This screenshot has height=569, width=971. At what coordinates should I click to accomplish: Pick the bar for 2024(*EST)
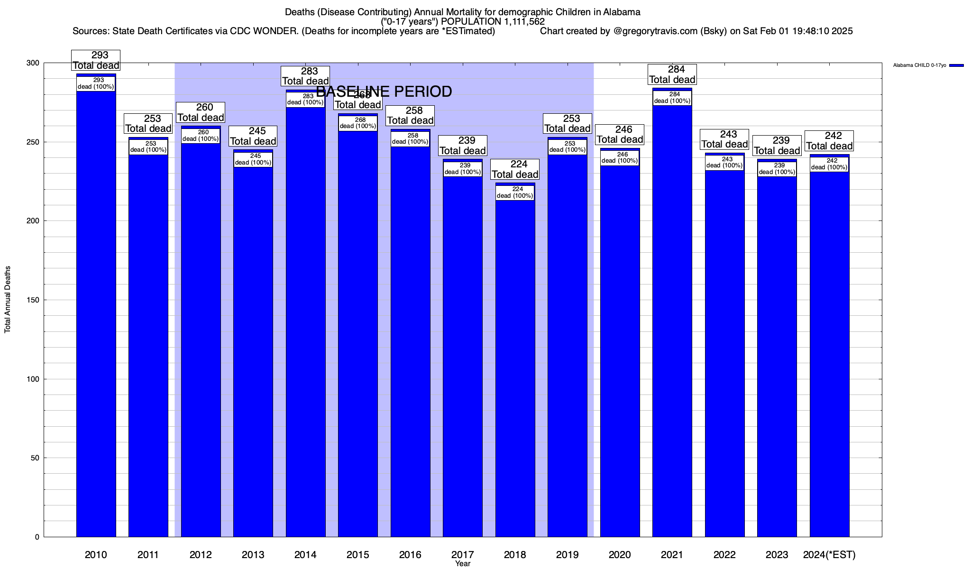coord(829,351)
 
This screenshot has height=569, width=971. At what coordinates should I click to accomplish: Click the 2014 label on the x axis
coord(305,555)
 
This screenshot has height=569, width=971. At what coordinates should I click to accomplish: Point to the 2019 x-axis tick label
coord(567,555)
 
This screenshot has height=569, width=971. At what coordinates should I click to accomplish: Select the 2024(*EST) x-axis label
coord(829,555)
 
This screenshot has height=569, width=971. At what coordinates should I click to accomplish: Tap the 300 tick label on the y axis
coord(33,63)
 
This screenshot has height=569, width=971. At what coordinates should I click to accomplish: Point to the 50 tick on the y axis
coord(35,458)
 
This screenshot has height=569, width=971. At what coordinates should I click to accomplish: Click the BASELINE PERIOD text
coord(384,92)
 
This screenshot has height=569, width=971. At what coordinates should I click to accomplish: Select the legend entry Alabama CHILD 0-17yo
coord(919,65)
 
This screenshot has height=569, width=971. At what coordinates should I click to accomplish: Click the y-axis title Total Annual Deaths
coord(8,299)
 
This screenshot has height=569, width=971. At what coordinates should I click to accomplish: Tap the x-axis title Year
coord(462,564)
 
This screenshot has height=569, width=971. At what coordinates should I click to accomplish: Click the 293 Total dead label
coord(96,60)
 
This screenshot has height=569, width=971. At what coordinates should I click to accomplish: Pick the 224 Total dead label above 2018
coord(515,169)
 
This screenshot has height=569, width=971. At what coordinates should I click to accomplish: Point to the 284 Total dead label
coord(672,74)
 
